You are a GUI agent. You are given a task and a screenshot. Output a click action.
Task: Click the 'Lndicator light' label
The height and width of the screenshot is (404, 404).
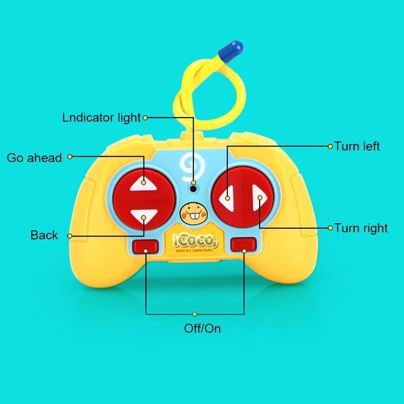click(x=101, y=118)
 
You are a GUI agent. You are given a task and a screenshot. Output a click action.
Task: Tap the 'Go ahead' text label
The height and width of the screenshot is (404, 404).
click(x=34, y=158)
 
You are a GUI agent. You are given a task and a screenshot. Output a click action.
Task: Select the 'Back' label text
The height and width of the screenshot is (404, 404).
click(x=44, y=235)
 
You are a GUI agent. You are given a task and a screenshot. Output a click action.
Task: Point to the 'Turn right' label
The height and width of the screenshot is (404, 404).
click(x=361, y=228)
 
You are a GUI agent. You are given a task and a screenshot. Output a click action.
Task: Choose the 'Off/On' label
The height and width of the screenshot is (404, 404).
click(x=202, y=328)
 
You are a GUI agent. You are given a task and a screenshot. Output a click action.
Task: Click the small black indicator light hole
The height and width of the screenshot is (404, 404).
click(x=193, y=189)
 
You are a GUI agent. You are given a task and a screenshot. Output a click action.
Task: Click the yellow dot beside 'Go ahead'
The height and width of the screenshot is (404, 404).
click(x=70, y=157)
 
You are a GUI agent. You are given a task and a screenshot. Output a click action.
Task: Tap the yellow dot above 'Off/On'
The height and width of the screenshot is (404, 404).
click(x=195, y=314)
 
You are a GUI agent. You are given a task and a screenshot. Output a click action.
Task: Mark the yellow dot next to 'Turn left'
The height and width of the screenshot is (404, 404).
click(x=331, y=146)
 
